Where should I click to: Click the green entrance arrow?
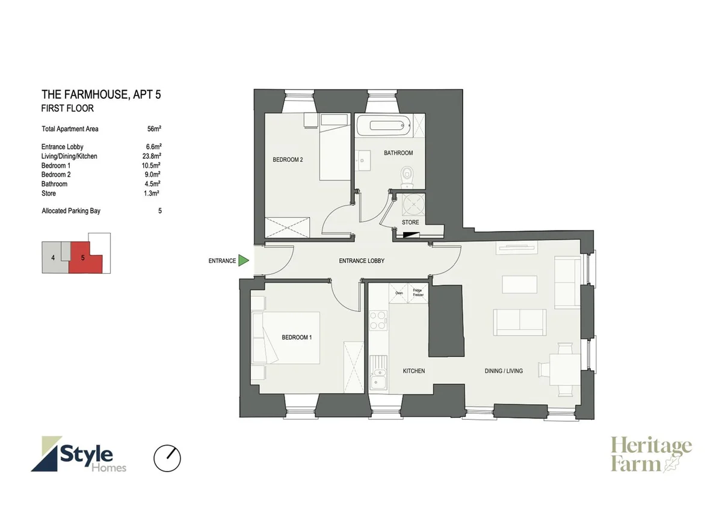243,260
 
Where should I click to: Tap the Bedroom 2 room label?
288,159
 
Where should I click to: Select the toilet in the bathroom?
408,177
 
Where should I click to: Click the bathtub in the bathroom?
384,125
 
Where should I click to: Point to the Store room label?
410,223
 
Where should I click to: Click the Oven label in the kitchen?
399,293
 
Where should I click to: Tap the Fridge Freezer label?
418,292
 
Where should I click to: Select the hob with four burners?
378,320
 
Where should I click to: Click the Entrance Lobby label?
362,261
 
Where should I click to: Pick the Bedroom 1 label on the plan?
297,337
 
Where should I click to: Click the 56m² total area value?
154,129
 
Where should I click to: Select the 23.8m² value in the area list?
152,156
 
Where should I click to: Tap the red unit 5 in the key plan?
84,258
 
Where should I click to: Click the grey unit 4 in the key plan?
54,257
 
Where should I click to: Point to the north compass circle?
167,458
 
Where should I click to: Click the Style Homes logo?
79,454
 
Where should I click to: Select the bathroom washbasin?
363,160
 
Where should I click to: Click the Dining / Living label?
504,371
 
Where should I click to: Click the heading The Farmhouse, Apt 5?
101,94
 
